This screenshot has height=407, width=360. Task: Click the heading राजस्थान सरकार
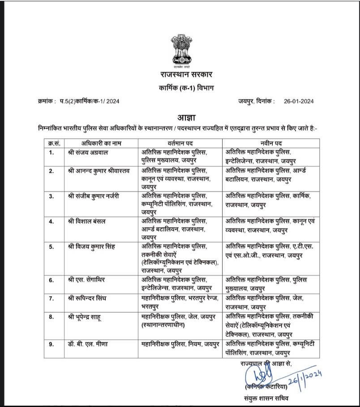pos(180,74)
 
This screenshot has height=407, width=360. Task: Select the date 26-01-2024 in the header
pos(299,102)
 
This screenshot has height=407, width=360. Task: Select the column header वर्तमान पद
pos(180,143)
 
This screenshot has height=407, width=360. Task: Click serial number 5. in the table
pos(52,246)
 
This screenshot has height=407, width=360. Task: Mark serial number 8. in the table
pos(52,317)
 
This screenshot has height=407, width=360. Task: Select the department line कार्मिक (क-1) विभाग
pos(180,88)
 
